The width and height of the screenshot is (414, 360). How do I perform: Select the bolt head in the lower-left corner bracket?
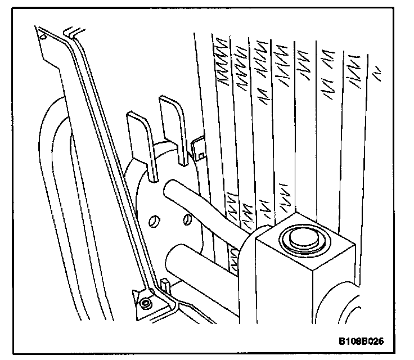pos(146,303)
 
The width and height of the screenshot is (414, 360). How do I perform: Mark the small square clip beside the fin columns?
pos(199,146)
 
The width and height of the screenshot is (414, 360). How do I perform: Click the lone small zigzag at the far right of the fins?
pos(377,72)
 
